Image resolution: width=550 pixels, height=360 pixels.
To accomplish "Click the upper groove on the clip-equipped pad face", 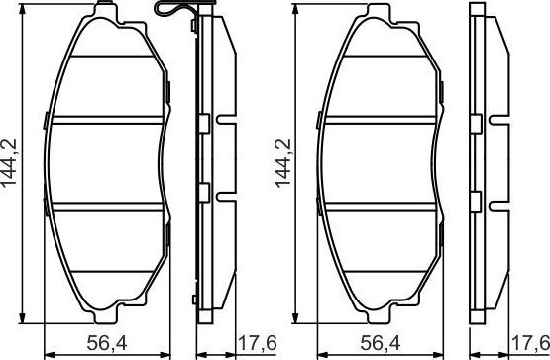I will coord(105,121).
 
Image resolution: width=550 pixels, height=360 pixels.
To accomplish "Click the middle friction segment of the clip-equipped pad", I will coord(105,164).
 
